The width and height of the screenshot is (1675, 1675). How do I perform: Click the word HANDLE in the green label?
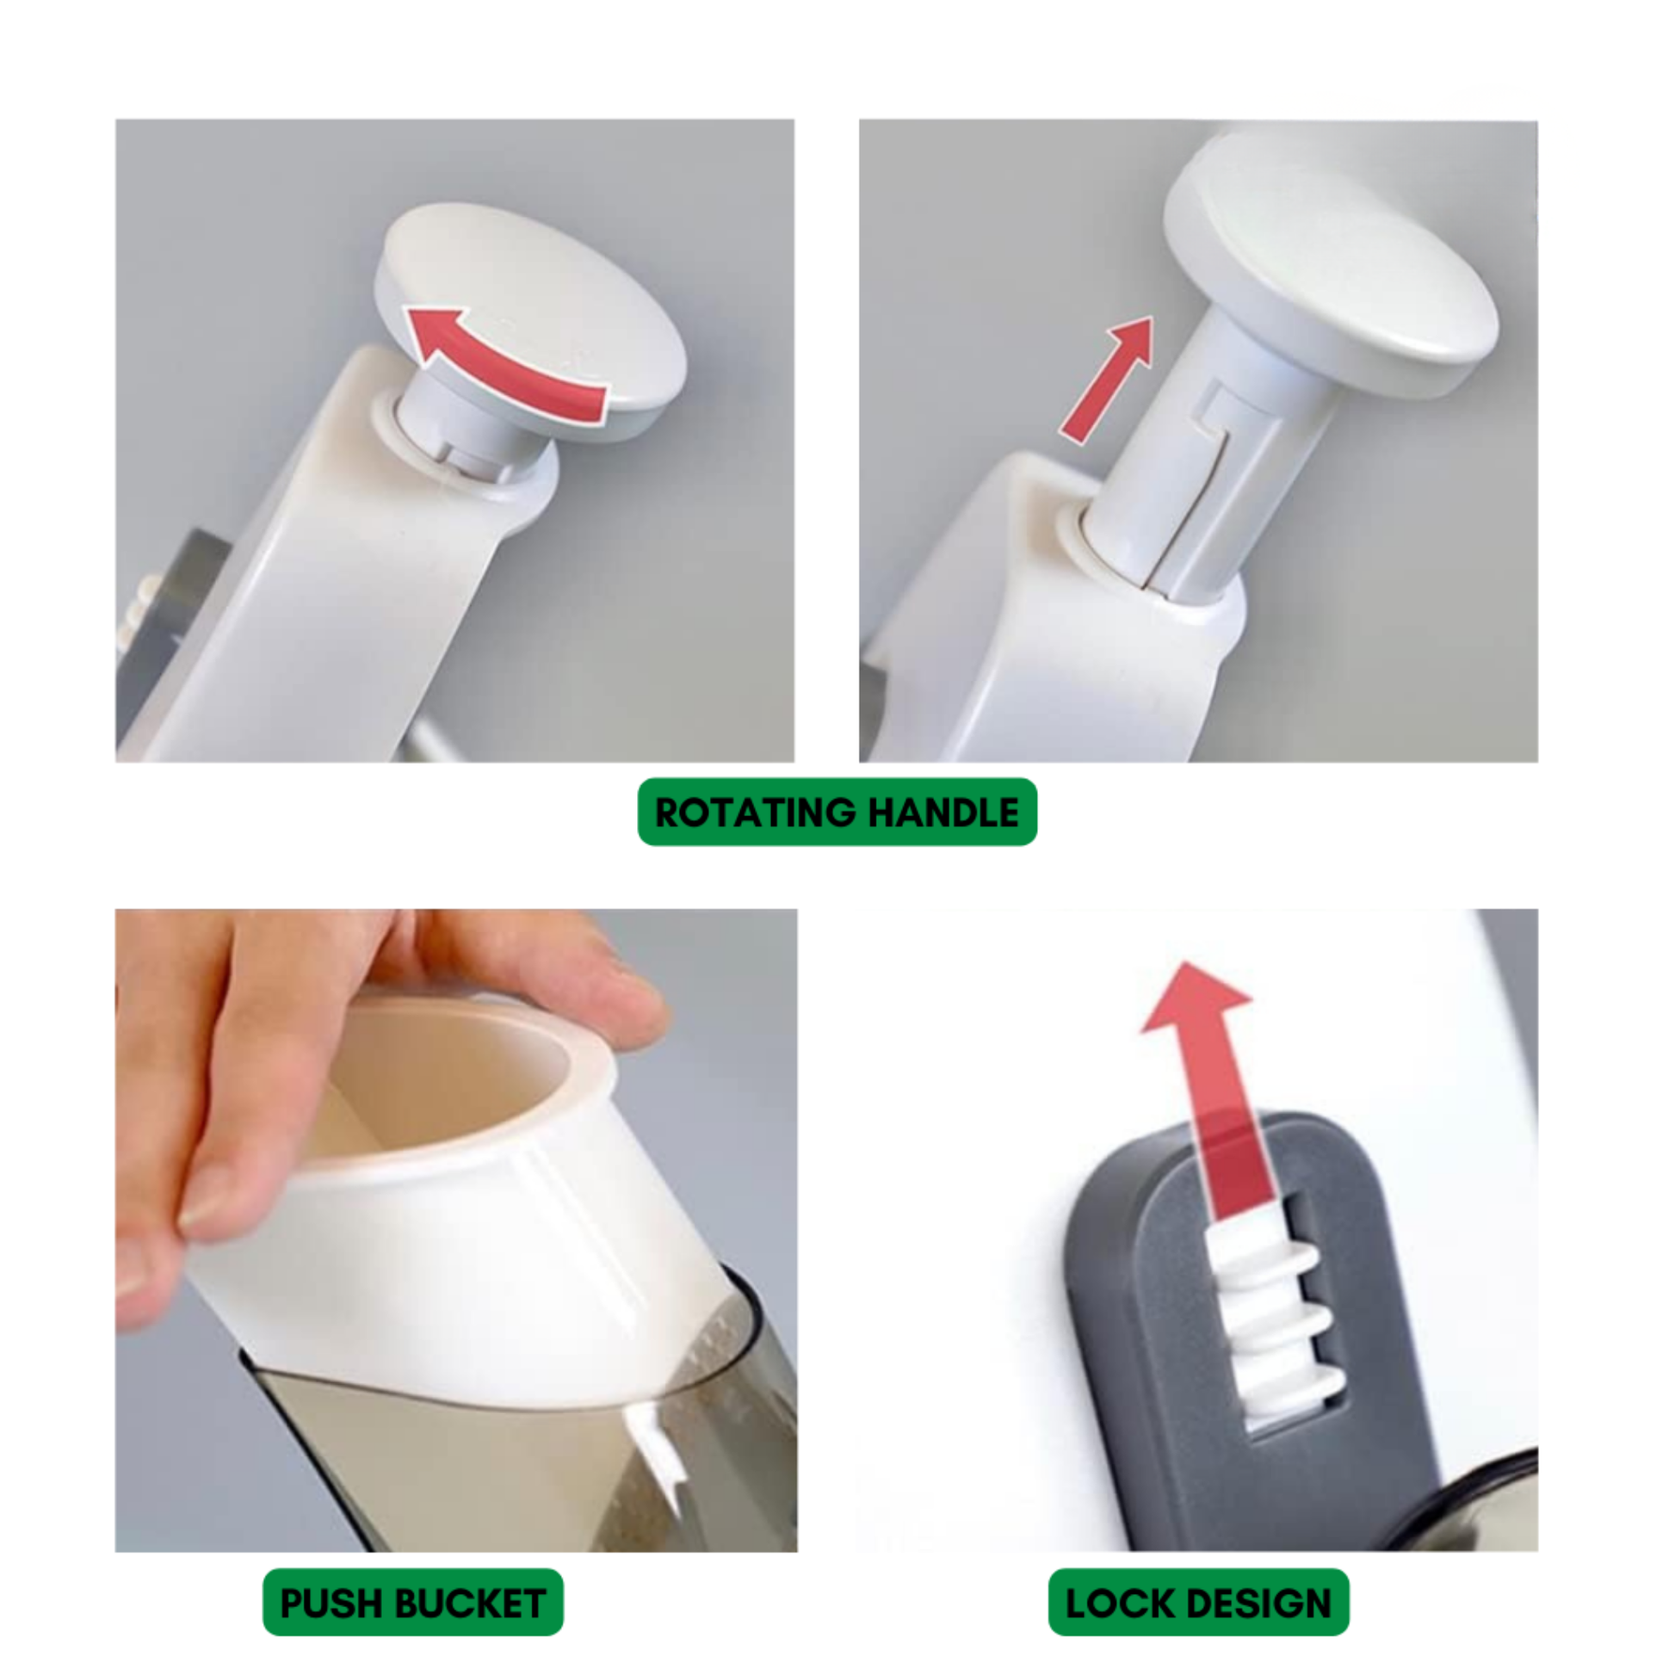[x=943, y=813]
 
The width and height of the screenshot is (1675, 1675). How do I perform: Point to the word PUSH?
[x=327, y=1603]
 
